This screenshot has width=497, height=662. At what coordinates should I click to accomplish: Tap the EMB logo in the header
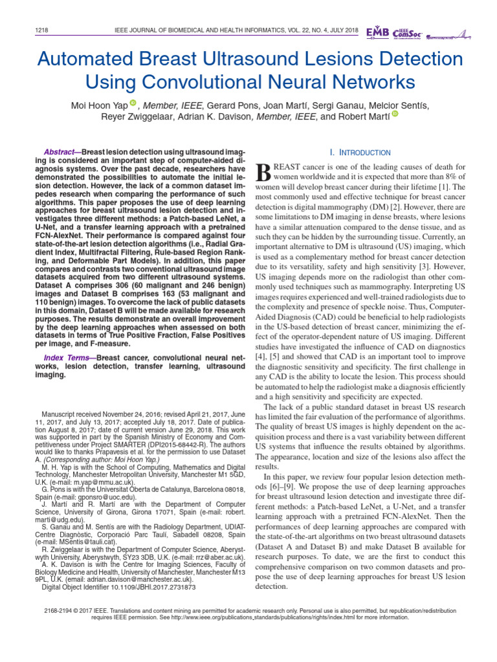pos(378,32)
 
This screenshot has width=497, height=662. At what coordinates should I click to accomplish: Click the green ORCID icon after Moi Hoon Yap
pos(133,103)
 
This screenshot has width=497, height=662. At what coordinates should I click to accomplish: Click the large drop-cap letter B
pos(264,172)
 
